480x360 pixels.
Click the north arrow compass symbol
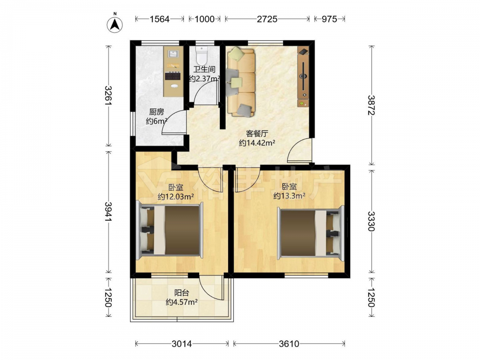click(x=115, y=23)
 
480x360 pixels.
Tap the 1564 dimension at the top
click(x=159, y=19)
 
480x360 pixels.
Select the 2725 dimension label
click(x=267, y=19)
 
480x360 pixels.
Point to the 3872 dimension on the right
click(x=372, y=105)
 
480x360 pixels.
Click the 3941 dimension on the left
click(x=108, y=211)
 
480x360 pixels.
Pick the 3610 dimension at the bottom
click(x=289, y=344)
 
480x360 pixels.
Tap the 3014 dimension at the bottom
click(x=182, y=344)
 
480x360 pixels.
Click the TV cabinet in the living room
click(x=303, y=76)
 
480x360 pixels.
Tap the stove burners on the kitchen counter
click(x=173, y=75)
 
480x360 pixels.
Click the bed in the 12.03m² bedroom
click(x=170, y=229)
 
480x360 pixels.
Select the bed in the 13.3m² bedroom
click(x=311, y=232)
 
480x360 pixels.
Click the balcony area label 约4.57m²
click(x=181, y=302)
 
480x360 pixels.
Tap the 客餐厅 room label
click(x=257, y=133)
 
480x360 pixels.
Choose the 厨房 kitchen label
click(x=156, y=112)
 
